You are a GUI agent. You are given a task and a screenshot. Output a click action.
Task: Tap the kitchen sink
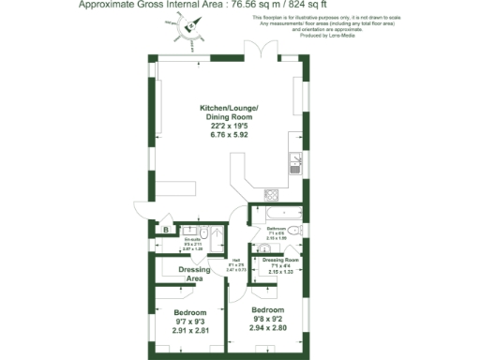pyautogui.click(x=293, y=159)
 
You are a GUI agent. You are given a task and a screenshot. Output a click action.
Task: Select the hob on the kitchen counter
pyautogui.click(x=273, y=195)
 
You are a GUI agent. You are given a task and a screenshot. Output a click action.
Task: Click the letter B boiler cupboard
pyautogui.click(x=165, y=229)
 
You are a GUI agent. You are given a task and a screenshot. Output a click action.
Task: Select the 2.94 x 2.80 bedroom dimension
pyautogui.click(x=267, y=329)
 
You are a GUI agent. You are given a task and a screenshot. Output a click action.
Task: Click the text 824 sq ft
pyautogui.click(x=310, y=6)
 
